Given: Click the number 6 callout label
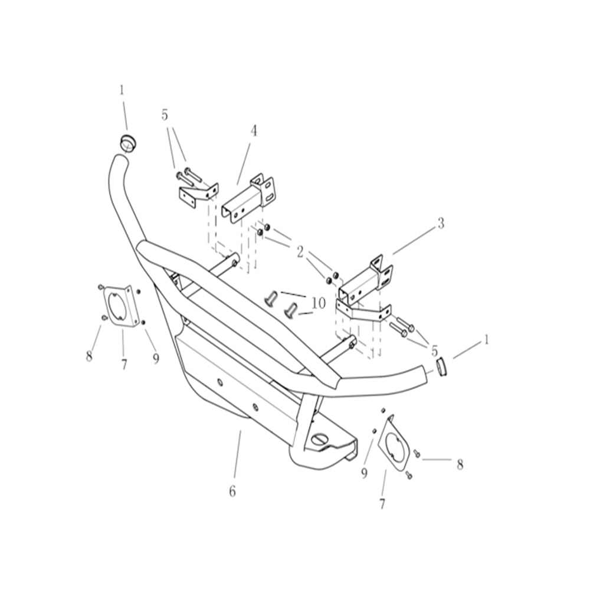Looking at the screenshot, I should pyautogui.click(x=232, y=491).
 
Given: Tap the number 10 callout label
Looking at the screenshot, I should pyautogui.click(x=318, y=304).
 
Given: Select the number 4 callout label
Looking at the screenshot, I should pyautogui.click(x=254, y=131).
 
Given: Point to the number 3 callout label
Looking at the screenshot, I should pyautogui.click(x=440, y=224).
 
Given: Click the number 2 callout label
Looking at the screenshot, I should pyautogui.click(x=300, y=253).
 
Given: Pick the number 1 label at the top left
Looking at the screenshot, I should pyautogui.click(x=122, y=90).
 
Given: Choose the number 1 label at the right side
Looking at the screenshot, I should pyautogui.click(x=486, y=340).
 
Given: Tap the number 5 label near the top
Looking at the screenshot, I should pyautogui.click(x=165, y=115).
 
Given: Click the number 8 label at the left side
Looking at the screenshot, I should pyautogui.click(x=89, y=356).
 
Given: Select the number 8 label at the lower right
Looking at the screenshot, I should pyautogui.click(x=460, y=465).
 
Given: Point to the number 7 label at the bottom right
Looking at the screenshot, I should pyautogui.click(x=382, y=504).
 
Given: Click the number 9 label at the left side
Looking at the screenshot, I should pyautogui.click(x=156, y=359).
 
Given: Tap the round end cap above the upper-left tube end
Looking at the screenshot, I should pyautogui.click(x=127, y=142).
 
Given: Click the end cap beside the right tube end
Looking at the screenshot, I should pyautogui.click(x=442, y=366).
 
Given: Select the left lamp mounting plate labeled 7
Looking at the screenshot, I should pyautogui.click(x=122, y=307).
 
